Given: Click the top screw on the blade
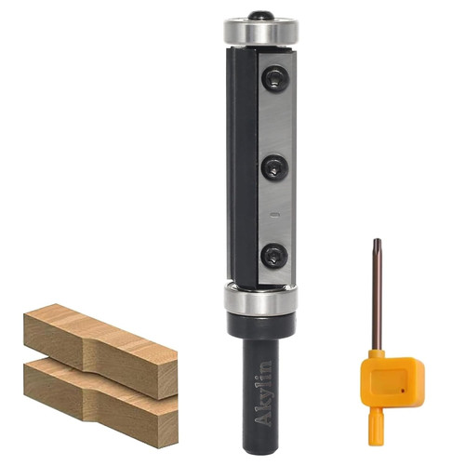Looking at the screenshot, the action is [x=276, y=78].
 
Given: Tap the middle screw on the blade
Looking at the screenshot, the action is [x=276, y=168].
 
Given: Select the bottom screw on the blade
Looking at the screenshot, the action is [x=274, y=257].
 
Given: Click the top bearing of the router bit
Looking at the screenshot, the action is [x=261, y=33].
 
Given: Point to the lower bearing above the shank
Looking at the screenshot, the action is [x=260, y=299].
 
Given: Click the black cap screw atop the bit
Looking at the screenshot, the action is [x=261, y=16].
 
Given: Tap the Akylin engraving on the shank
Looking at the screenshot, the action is [x=263, y=393].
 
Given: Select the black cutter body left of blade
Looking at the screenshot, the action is [x=243, y=167].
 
